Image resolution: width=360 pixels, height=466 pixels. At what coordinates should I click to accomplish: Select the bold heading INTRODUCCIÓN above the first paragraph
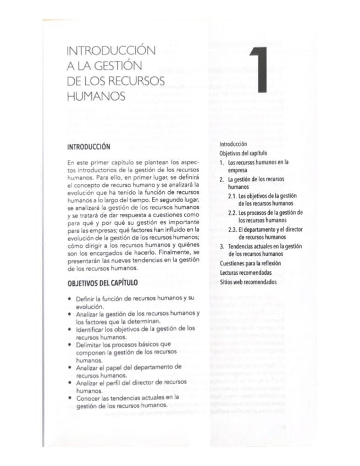point(88,147)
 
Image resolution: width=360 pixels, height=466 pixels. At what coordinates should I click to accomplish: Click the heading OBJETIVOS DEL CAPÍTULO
point(102,283)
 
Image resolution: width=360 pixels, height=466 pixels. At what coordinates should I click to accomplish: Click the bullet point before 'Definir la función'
point(69,297)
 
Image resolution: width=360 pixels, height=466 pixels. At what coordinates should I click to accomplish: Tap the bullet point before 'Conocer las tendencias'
point(69,396)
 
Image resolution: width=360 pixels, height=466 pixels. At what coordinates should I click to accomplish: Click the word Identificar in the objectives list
point(92,329)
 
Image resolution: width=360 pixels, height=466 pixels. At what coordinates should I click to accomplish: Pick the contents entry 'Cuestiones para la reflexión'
point(250,264)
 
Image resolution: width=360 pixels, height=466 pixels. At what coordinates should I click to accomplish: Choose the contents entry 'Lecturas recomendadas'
point(246,273)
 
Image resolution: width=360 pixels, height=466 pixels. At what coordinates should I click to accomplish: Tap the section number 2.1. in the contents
point(232,196)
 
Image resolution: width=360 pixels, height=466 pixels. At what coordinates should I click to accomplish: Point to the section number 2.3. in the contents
point(232,229)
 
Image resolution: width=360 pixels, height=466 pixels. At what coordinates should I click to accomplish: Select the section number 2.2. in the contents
point(232,213)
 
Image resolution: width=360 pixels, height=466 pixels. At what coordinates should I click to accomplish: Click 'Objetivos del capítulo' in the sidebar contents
point(243,153)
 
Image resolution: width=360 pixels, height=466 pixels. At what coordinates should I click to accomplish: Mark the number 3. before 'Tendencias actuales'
point(222,246)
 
